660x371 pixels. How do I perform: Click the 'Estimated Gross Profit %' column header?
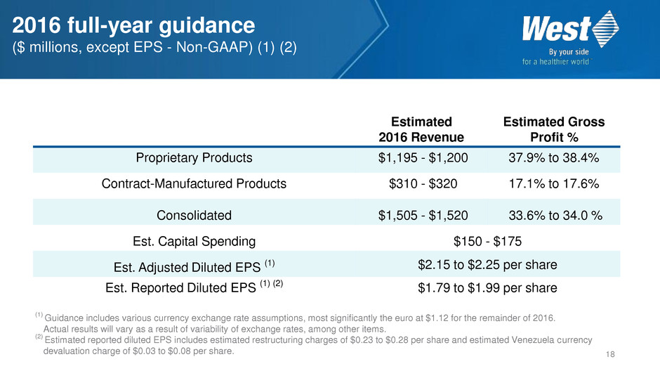(x=554, y=129)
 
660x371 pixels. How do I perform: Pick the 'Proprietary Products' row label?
(x=193, y=158)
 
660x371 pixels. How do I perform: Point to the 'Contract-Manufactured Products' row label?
(x=194, y=185)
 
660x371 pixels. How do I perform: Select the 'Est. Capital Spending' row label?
(x=194, y=242)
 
